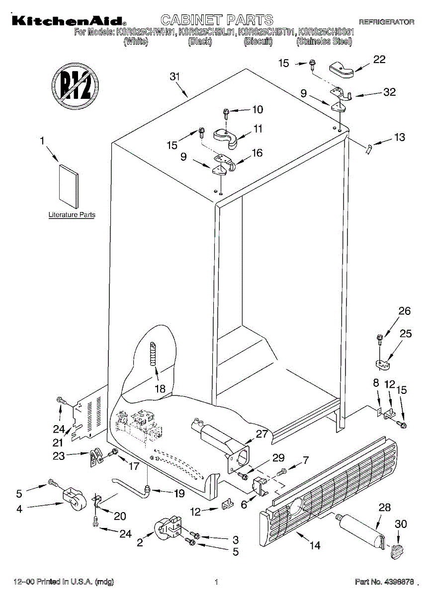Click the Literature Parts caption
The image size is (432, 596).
tap(72, 215)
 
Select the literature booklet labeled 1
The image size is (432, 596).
tap(68, 186)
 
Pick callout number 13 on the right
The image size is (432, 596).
tap(399, 138)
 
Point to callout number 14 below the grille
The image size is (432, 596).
tap(315, 545)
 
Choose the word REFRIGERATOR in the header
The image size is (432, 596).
tap(386, 22)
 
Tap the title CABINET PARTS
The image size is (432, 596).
tap(217, 20)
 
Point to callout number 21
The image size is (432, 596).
tap(58, 443)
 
